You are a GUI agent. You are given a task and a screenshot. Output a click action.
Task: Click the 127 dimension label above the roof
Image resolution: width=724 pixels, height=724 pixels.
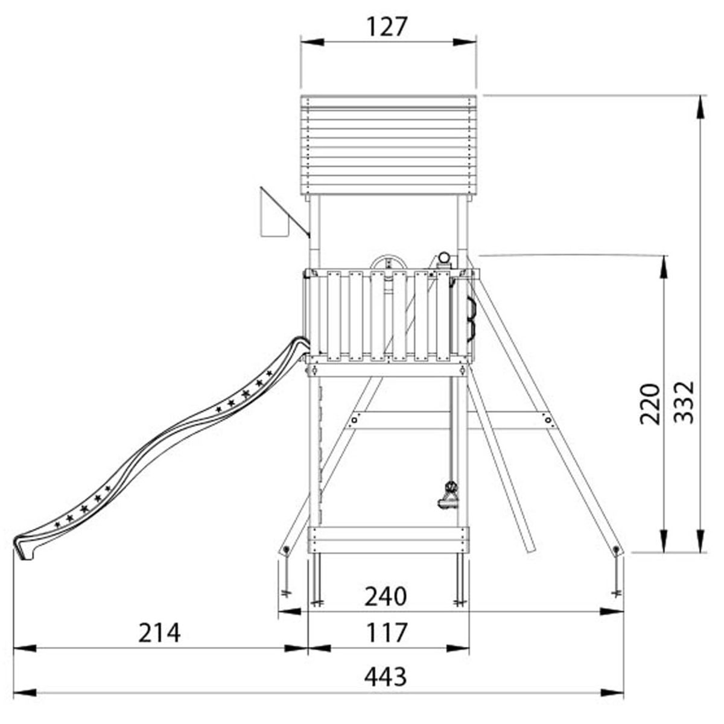[387, 27]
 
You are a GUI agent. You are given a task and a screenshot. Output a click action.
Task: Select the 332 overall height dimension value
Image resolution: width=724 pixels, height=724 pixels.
[682, 402]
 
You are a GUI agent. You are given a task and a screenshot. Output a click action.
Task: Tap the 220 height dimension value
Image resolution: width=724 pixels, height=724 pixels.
[650, 404]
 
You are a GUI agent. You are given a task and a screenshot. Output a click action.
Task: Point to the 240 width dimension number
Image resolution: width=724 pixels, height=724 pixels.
[386, 596]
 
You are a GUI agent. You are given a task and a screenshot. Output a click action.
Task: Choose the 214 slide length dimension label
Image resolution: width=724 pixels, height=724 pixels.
[159, 633]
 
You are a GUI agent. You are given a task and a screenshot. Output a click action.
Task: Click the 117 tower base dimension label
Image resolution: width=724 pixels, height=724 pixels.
[387, 632]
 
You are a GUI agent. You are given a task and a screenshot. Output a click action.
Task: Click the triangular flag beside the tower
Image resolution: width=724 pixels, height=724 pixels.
[280, 212]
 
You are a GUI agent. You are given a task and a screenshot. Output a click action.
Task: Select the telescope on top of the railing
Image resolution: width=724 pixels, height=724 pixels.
[443, 259]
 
